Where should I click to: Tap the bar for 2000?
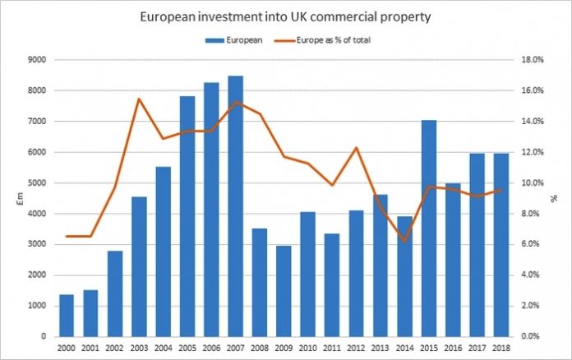point(67,316)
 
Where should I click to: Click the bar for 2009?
point(284,291)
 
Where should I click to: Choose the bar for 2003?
point(139,266)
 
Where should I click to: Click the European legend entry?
point(231,39)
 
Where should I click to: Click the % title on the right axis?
point(556,197)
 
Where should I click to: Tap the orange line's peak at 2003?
point(139,99)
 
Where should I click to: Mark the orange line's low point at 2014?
point(404,242)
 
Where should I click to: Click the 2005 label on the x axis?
point(187,348)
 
